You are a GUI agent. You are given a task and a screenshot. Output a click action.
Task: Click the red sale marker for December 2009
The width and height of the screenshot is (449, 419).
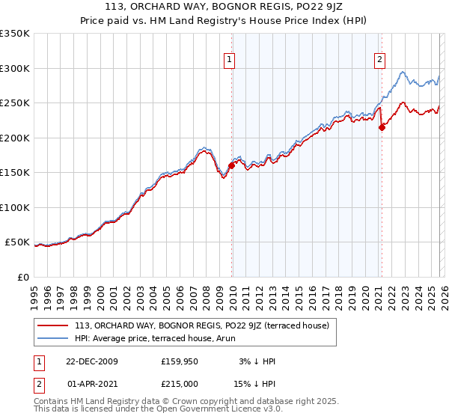click(231, 166)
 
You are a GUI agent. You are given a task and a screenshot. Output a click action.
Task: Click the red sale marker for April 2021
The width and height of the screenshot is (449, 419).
click(381, 127)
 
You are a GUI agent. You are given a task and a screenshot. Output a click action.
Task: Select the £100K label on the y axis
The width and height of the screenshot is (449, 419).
click(15, 207)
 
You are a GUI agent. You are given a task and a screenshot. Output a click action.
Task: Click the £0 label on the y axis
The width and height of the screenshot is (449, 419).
click(22, 277)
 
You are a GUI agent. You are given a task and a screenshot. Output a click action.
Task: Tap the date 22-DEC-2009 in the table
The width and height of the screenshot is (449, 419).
click(91, 361)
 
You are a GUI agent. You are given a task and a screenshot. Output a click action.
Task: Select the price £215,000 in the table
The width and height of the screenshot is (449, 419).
click(180, 382)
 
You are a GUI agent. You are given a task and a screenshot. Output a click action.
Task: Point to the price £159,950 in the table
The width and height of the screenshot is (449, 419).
click(180, 361)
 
